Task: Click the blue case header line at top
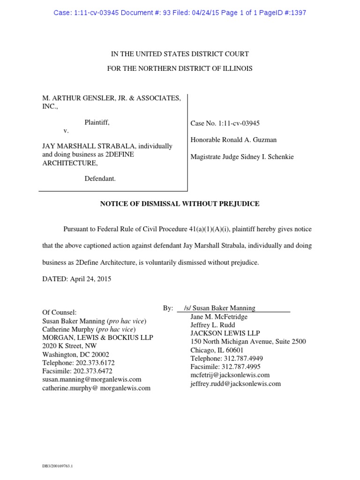coord(180,13)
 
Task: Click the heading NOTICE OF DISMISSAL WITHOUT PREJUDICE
coord(180,204)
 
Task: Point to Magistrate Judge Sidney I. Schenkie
coord(242,157)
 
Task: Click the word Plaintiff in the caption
coord(97,122)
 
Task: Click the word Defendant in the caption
coord(100,179)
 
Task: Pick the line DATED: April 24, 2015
coord(77,279)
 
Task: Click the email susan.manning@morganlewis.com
coord(91,380)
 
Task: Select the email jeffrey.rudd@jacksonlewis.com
coord(235,383)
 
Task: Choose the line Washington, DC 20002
coord(75,354)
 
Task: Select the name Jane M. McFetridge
coord(219,316)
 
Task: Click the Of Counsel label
coord(59,312)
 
